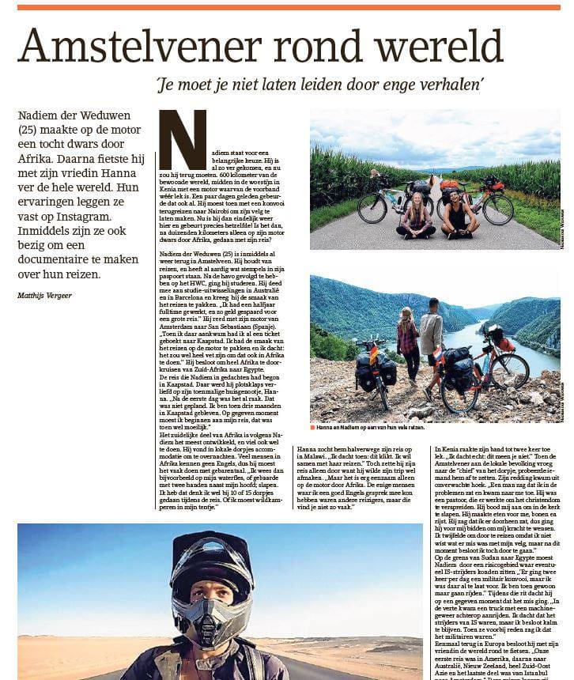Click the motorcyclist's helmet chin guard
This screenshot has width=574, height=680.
pos(211,617)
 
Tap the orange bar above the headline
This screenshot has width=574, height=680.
pos(288,7)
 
